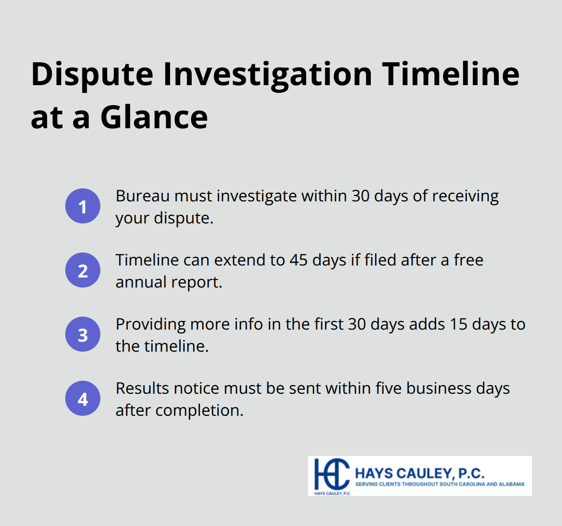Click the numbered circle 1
[x=83, y=206]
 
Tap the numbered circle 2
[x=83, y=270]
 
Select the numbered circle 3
[x=83, y=334]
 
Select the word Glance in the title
[x=154, y=117]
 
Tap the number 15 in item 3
[x=445, y=324]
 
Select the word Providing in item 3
[x=150, y=324]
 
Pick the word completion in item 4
[x=199, y=410]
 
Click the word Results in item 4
[x=142, y=388]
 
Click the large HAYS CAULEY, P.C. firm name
[x=419, y=472]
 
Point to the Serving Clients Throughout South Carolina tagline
[x=440, y=484]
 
